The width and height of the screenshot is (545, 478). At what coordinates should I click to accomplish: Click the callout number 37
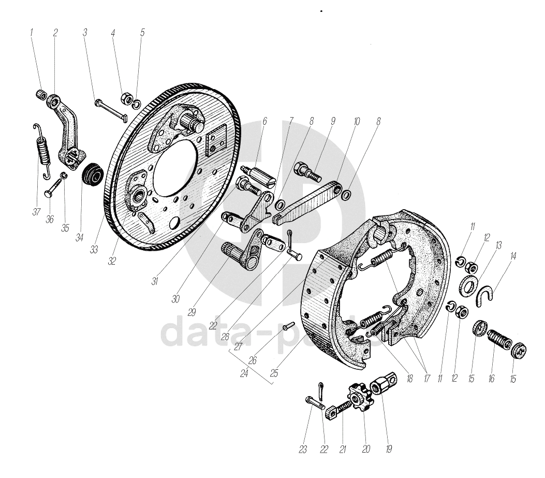click(36, 212)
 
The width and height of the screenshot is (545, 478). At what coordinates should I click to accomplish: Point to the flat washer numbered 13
click(469, 286)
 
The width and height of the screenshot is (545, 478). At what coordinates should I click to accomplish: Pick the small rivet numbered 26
click(289, 326)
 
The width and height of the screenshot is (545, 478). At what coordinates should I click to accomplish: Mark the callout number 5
click(142, 33)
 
